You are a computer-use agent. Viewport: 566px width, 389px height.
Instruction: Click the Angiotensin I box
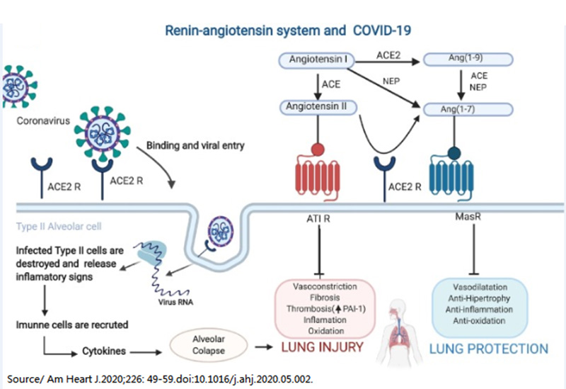[x=317, y=60]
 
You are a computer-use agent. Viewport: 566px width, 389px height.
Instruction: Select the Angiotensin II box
[x=316, y=107]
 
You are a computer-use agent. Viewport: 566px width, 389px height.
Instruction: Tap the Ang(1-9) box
[x=454, y=60]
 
